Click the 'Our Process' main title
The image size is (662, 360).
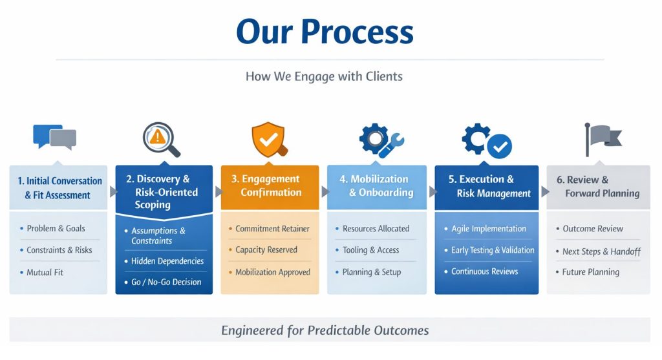click(325, 31)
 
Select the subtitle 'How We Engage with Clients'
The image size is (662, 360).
click(324, 76)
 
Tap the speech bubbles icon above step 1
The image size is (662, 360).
click(54, 137)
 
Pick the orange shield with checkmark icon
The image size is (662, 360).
click(268, 138)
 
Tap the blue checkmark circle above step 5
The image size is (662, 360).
click(499, 146)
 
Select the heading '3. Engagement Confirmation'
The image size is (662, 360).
click(270, 185)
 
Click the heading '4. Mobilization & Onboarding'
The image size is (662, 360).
click(378, 185)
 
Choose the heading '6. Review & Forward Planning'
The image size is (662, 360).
click(598, 186)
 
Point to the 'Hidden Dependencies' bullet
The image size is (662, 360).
click(167, 261)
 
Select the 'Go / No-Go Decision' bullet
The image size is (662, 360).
click(166, 282)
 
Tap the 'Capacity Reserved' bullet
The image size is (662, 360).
click(266, 250)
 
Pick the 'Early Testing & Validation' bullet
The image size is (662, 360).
click(488, 250)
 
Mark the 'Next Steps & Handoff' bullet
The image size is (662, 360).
click(601, 251)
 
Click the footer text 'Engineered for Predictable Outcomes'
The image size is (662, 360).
click(325, 330)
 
